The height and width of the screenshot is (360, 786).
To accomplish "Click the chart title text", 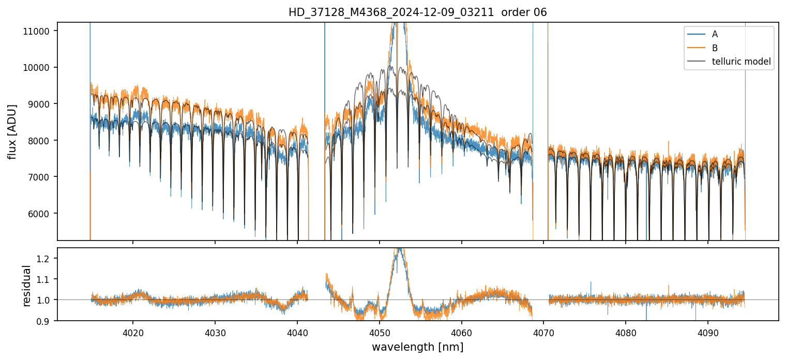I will [417, 12].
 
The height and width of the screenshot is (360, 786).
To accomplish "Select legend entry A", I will [715, 34].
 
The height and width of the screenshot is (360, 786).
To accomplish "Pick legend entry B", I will [715, 48].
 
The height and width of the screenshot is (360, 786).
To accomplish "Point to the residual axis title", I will [27, 285].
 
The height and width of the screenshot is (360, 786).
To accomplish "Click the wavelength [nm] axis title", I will [417, 347].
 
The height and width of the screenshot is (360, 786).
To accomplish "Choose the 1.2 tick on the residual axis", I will [46, 258].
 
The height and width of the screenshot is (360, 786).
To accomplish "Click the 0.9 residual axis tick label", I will [46, 321].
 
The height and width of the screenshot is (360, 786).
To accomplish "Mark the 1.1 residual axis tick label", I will [46, 279].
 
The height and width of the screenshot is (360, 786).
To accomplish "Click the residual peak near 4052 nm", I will [398, 251].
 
